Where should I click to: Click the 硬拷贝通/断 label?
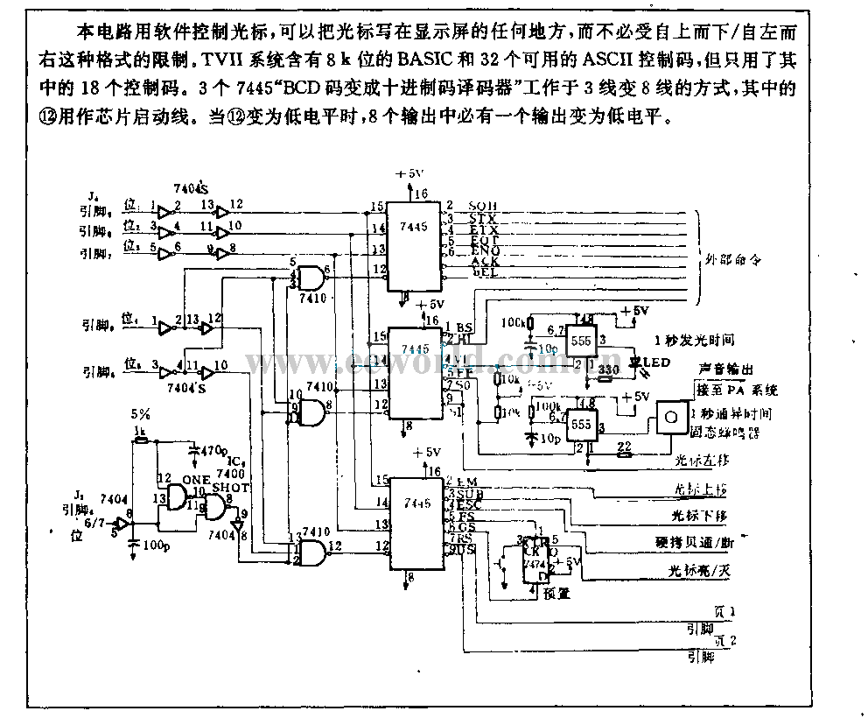(x=704, y=543)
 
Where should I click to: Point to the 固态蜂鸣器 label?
(x=724, y=433)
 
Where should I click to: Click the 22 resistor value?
(x=624, y=446)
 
